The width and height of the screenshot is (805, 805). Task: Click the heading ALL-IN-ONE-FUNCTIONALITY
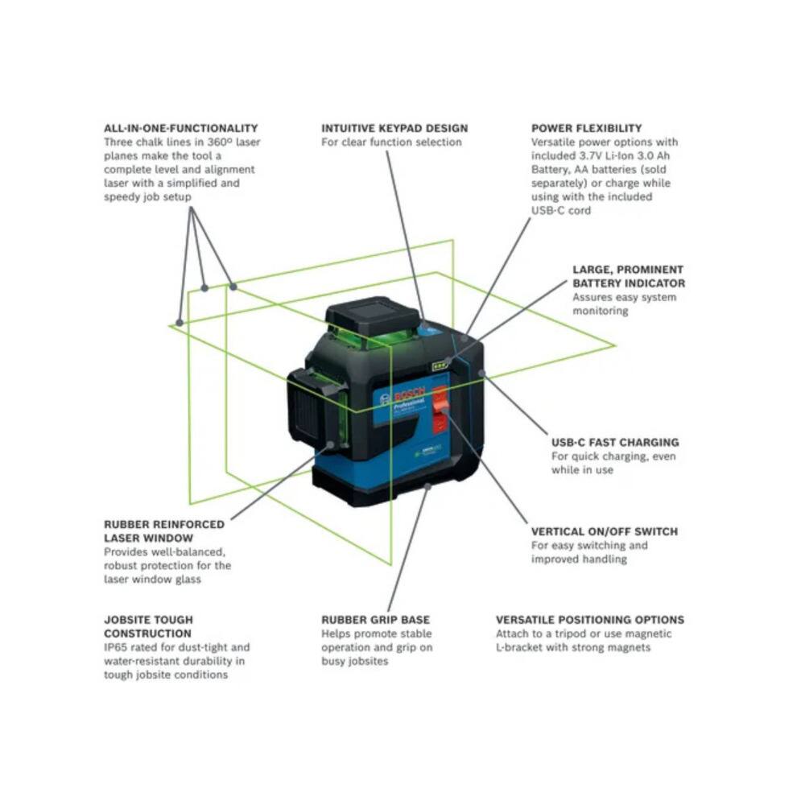(180, 128)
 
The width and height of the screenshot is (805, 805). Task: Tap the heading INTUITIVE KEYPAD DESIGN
(394, 128)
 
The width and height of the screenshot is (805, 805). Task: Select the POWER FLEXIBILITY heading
(586, 128)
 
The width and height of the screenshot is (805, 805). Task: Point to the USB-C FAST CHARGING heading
(614, 442)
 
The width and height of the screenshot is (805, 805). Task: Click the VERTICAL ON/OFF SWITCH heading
(604, 531)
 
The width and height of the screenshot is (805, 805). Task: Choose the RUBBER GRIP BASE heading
(375, 620)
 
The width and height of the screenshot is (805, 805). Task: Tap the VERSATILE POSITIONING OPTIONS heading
(589, 620)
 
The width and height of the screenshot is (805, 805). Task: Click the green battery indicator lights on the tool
(440, 366)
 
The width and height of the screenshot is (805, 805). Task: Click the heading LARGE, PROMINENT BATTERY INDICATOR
(628, 276)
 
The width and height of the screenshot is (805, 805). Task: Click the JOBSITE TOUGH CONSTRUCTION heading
(148, 626)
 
